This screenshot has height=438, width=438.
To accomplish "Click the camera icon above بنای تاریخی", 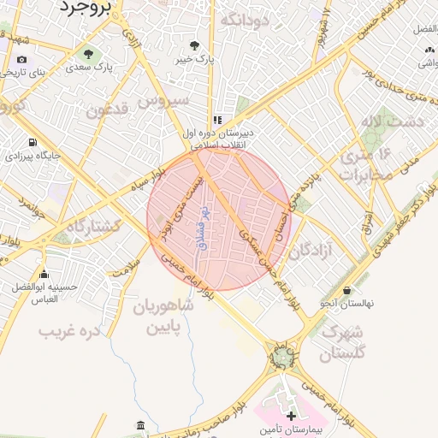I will (x=21, y=60).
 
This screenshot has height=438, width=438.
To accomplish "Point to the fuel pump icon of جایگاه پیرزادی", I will (x=33, y=143).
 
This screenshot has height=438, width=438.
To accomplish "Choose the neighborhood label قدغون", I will (x=108, y=110).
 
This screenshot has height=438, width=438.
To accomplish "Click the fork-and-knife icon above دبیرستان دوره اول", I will (x=217, y=120).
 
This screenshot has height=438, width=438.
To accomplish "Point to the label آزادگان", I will (x=311, y=252).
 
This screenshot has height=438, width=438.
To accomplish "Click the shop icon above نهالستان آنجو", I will (x=347, y=290).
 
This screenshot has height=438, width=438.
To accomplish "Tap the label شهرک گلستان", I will (x=346, y=341).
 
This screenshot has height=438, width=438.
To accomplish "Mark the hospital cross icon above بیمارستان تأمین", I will (x=291, y=415).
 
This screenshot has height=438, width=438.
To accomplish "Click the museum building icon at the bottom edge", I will (x=140, y=426).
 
